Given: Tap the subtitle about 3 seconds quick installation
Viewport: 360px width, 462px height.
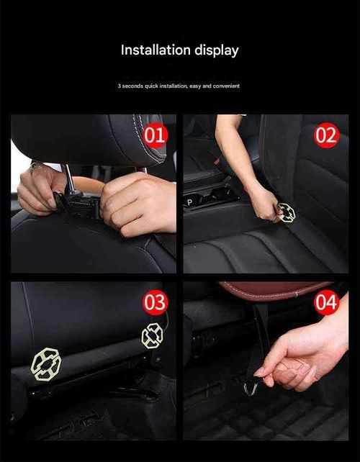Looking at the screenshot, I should tap(179, 86).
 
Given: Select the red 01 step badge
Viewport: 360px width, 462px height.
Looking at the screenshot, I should tap(155, 135).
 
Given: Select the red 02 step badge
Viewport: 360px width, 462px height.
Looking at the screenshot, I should tap(326, 135).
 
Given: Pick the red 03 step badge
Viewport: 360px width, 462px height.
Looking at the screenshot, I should tap(155, 302).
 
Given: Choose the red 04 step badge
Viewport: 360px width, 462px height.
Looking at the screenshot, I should tap(326, 303).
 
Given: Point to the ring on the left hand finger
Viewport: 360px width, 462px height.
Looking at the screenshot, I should tap(33, 166).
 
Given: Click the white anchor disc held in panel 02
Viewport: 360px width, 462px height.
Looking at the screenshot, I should tap(287, 212).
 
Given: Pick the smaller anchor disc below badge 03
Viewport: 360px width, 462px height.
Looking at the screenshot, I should tap(152, 336).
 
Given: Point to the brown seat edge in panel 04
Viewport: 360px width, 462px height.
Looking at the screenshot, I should tap(274, 289).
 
